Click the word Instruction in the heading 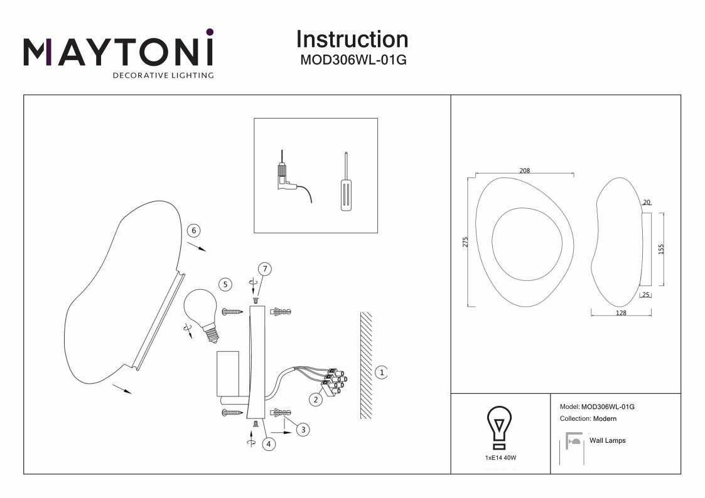352,40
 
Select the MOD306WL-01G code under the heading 352,61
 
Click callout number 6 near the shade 194,231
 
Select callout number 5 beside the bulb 225,284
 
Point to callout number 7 265,270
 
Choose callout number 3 303,430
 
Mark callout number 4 269,444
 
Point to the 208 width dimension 525,171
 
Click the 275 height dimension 466,243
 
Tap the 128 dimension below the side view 622,313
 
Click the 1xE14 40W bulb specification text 500,458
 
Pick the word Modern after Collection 605,418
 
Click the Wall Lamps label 607,441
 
